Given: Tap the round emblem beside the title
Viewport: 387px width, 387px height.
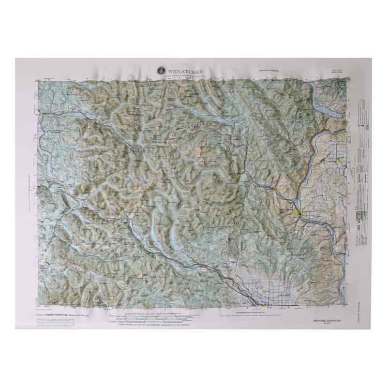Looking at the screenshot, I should point(160,71).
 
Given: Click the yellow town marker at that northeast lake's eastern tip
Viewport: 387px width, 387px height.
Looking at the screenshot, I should point(343,115).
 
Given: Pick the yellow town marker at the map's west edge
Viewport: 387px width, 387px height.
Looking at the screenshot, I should point(42,114).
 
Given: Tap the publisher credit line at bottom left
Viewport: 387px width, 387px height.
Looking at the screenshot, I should point(63,313).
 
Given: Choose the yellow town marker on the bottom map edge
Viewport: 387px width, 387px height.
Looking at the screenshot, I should point(262,305).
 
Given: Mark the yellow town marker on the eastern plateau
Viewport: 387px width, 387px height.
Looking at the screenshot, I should point(337,160).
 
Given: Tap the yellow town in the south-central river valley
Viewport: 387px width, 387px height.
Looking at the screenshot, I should point(195,262).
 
